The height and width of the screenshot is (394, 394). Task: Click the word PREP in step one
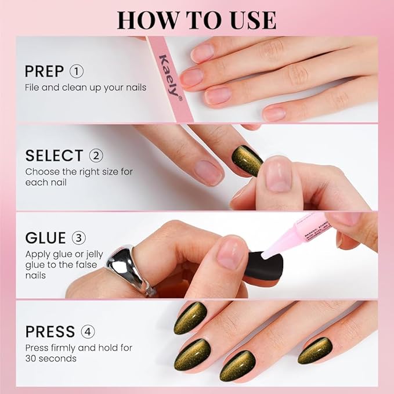pyautogui.click(x=45, y=72)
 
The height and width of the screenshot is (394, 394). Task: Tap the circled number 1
pyautogui.click(x=77, y=71)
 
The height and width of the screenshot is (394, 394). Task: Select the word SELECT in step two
pyautogui.click(x=54, y=156)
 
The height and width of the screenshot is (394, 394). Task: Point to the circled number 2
pyautogui.click(x=96, y=156)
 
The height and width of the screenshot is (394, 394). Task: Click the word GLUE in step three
pyautogui.click(x=45, y=238)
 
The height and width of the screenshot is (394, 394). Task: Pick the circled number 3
pyautogui.click(x=79, y=238)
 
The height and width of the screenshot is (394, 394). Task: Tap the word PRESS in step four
pyautogui.click(x=50, y=332)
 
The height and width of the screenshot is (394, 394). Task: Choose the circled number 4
pyautogui.click(x=88, y=332)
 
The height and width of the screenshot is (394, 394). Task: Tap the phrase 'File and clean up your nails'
pyautogui.click(x=85, y=88)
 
